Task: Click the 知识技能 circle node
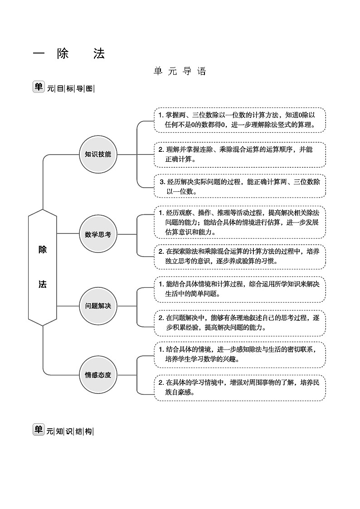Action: point(98,154)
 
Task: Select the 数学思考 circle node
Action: point(98,234)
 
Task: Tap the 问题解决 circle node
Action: point(98,305)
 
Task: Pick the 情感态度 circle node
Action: point(98,375)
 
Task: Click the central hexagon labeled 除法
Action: point(43,267)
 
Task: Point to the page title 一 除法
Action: point(69,54)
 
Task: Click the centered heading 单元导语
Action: point(180,72)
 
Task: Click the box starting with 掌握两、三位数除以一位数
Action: point(240,120)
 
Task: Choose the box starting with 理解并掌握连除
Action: point(240,154)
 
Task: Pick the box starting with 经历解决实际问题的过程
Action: point(240,186)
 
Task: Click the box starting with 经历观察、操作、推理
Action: point(240,222)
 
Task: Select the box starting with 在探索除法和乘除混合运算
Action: point(240,256)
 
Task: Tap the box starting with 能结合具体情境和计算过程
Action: point(240,289)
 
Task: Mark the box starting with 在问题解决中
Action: point(240,322)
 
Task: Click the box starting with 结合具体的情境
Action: point(240,354)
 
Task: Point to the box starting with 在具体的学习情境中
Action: point(240,388)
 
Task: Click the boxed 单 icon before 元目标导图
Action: point(39,87)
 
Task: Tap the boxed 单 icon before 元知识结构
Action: point(39,430)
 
